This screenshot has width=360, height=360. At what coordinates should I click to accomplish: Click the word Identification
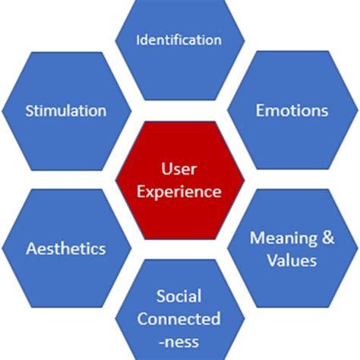[x=179, y=39]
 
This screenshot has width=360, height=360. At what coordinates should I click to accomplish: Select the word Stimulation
[x=65, y=111]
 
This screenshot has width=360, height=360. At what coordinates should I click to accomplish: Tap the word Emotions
[x=292, y=111]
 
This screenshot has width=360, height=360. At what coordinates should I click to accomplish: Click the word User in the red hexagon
[x=179, y=166]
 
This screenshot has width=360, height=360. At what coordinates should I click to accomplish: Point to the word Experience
[x=179, y=191]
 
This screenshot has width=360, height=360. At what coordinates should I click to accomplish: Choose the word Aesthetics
[x=65, y=248]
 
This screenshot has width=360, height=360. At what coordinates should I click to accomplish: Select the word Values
[x=292, y=261]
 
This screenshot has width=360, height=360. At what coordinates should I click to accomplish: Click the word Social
[x=179, y=295]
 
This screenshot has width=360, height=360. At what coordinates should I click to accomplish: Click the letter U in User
[x=166, y=166]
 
